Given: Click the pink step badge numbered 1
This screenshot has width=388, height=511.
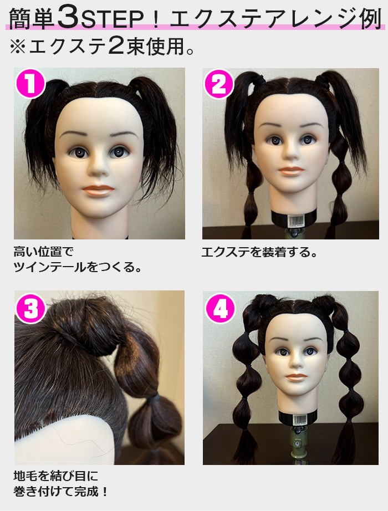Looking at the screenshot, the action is coord(30,83).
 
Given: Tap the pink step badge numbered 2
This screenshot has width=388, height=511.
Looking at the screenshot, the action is coord(219,84).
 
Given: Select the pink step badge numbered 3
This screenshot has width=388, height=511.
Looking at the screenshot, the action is coord(31,308).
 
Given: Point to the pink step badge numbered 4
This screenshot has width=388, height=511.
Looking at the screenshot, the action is coord(220,308).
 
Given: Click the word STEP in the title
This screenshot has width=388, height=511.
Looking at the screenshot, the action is coord(112,19).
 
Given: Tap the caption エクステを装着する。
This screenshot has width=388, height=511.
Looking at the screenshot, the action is coord(259,252).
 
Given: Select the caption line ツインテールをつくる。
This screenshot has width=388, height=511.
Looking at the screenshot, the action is coord(78,267).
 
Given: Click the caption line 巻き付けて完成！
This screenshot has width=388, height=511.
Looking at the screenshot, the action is coord(60,491).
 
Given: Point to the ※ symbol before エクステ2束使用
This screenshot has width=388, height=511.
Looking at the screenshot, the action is coord(18,47).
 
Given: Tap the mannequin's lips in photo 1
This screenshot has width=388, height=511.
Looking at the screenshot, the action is coord(98,190).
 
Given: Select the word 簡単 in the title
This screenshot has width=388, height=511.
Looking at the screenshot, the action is coord(32,18).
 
